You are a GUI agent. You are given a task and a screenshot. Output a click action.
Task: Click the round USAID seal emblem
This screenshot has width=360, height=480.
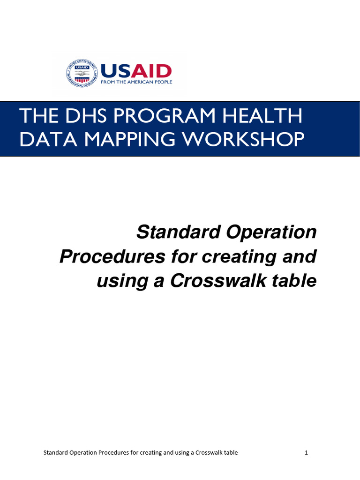click(83, 73)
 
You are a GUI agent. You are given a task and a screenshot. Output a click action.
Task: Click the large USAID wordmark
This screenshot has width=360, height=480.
click(136, 71)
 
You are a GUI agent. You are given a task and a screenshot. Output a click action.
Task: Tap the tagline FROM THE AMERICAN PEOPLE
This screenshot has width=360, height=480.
click(136, 82)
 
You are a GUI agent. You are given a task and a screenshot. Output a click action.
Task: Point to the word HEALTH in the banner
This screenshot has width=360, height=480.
click(261, 116)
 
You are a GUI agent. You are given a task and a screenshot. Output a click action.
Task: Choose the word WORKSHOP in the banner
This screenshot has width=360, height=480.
click(243, 140)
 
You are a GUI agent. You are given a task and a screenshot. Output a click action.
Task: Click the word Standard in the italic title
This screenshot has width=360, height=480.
click(172, 232)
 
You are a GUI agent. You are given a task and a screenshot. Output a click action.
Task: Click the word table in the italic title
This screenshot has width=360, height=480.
click(295, 281)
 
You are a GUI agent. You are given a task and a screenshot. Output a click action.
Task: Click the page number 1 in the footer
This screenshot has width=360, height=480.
click(306, 453)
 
